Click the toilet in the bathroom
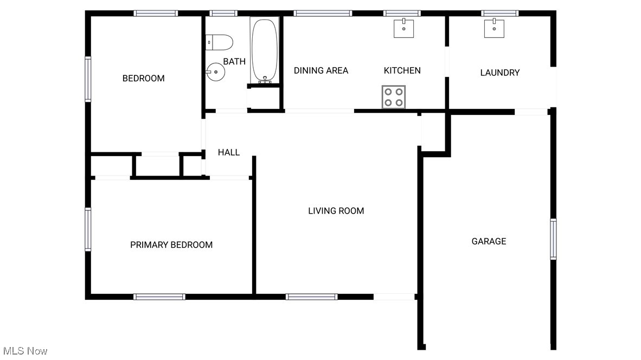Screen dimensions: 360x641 (x=220, y=42)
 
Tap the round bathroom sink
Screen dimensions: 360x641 (x=215, y=71)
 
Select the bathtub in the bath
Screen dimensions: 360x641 (x=265, y=50)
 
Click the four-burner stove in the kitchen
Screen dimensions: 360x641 (x=393, y=97)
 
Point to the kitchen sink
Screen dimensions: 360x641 (x=403, y=28)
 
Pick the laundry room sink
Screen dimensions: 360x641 (x=494, y=28)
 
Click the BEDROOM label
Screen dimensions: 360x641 (x=143, y=79)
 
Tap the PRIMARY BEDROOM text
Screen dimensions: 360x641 (x=171, y=245)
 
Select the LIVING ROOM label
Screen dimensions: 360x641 (x=336, y=211)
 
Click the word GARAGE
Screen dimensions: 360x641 (x=489, y=241)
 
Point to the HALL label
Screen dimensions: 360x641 (x=229, y=152)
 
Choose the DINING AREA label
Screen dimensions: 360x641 (x=321, y=70)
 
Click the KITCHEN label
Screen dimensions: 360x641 (x=402, y=70)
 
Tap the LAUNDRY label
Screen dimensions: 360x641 (x=500, y=73)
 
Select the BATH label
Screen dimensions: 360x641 (x=234, y=62)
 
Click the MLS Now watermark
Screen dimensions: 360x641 (x=25, y=351)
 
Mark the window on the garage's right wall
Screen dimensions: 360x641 (x=553, y=239)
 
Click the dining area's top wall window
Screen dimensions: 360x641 (x=323, y=14)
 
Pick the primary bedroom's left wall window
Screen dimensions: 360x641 (x=88, y=229)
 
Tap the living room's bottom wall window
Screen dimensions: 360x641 (x=311, y=297)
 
